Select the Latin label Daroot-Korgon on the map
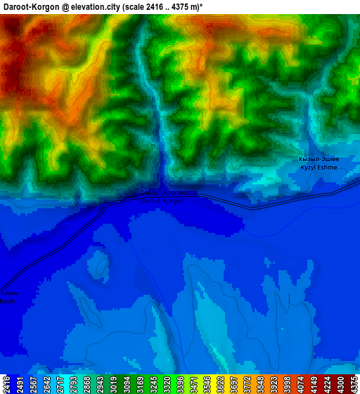point(162,201)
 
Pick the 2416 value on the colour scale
point(6,383)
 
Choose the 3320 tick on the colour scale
point(166,383)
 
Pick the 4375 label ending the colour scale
point(353,383)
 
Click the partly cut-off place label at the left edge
point(6,297)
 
